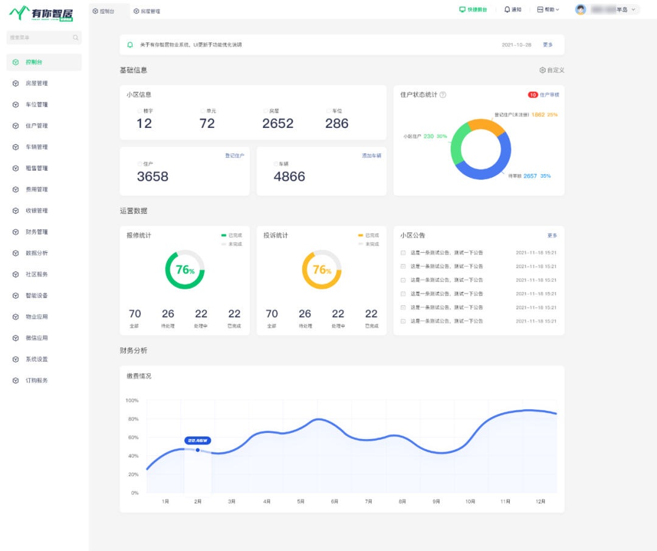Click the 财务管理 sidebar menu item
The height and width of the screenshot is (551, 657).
tap(36, 232)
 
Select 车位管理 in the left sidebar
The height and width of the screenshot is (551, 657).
tap(36, 105)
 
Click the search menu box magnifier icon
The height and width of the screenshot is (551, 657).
tap(75, 38)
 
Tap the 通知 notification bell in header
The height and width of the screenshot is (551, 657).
tap(512, 10)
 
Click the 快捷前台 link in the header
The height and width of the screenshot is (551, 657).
tap(473, 10)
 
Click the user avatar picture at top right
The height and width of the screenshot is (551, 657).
tap(580, 10)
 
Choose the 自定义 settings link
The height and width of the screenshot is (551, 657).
tap(552, 70)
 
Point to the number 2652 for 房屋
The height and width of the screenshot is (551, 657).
tap(278, 124)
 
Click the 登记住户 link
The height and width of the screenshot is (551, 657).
tap(234, 156)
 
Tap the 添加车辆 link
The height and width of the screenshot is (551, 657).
tap(371, 156)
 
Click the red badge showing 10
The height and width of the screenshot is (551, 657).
tap(533, 95)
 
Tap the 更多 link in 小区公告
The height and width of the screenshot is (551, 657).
tap(552, 235)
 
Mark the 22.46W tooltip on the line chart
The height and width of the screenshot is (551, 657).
tap(198, 441)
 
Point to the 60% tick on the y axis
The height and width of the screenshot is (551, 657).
tap(133, 437)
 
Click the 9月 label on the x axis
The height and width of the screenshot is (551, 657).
tap(436, 502)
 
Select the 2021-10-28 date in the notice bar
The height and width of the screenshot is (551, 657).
tap(516, 45)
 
